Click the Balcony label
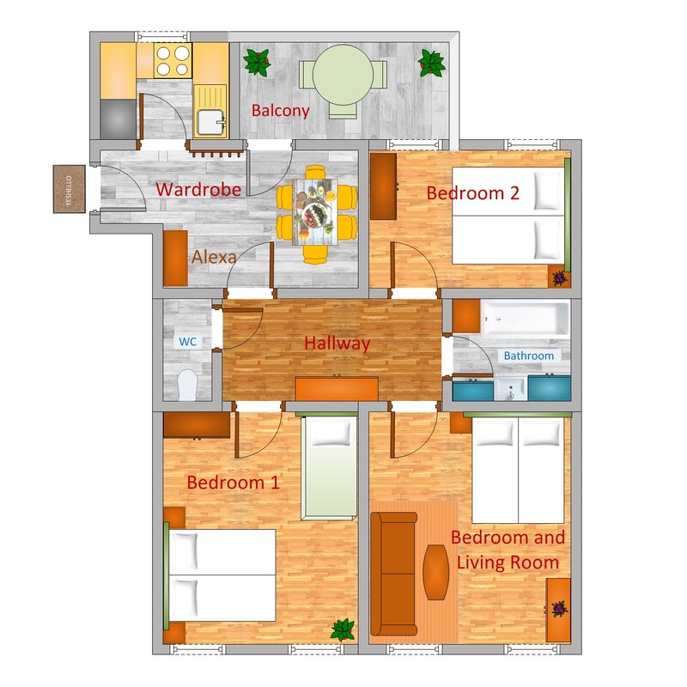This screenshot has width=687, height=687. tap(281, 111)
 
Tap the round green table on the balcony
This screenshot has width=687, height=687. tap(343, 75)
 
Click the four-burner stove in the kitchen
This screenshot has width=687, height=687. tap(173, 60)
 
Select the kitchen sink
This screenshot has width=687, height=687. tap(210, 122)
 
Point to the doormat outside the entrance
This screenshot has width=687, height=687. tap(70, 189)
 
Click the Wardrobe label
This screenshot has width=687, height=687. tap(198, 189)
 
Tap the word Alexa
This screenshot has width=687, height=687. tap(214, 257)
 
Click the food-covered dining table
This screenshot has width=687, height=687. tap(315, 211)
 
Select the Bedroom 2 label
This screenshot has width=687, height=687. tap(473, 193)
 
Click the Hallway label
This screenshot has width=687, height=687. tap(337, 343)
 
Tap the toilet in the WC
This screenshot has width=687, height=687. tap(188, 385)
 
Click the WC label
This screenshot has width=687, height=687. tap(187, 341)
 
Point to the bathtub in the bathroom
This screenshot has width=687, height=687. tap(525, 318)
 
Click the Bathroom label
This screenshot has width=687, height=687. tap(529, 356)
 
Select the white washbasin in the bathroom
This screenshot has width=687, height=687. tap(510, 389)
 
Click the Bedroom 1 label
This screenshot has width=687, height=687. tap(233, 483)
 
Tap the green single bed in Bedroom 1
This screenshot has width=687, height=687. tap(330, 467)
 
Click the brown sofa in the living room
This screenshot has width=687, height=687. tap(393, 574)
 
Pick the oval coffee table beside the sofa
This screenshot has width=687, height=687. tap(436, 572)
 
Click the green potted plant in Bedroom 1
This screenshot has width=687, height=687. tap(343, 629)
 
